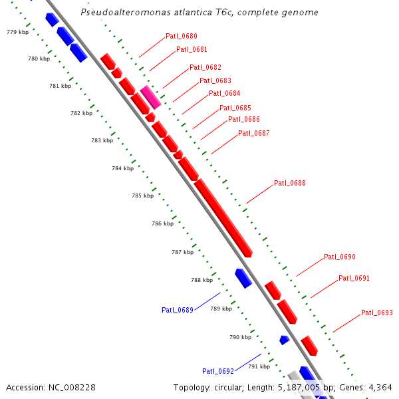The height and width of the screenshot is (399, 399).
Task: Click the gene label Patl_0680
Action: tap(181, 36)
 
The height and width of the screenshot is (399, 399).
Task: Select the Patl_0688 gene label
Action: tap(289, 183)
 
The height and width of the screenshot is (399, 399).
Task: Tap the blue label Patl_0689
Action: tap(177, 310)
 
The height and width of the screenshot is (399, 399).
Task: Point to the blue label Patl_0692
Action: tap(217, 371)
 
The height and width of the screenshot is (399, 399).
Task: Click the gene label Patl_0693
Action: tap(376, 313)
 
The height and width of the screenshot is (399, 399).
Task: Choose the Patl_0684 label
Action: tap(224, 94)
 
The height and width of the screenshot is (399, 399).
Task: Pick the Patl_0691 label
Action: tap(354, 278)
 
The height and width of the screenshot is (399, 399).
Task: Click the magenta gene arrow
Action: tap(151, 97)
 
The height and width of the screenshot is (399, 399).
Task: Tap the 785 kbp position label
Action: tap(142, 196)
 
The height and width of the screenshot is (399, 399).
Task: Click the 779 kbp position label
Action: tap(17, 32)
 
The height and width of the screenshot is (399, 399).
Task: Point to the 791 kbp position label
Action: tap(259, 366)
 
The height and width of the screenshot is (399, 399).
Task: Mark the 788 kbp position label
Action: tap(201, 280)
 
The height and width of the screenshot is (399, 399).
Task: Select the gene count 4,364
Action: tap(379, 387)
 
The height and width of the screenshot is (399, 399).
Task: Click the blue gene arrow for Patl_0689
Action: tap(243, 278)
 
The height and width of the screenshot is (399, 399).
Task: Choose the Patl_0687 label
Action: tap(253, 133)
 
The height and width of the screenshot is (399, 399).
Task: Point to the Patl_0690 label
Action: tap(339, 257)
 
